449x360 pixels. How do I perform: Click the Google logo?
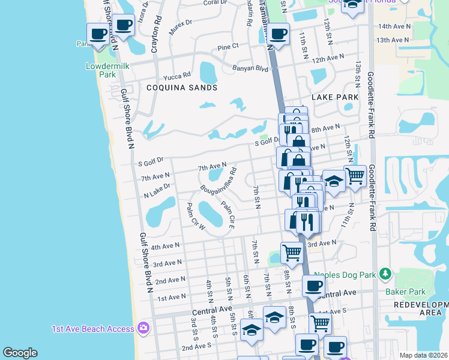20,353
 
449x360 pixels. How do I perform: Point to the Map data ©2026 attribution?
424,355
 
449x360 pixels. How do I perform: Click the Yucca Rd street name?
177,76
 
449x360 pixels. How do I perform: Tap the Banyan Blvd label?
253,68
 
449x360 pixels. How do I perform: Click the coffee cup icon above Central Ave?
313,286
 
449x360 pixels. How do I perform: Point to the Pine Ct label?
228,46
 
